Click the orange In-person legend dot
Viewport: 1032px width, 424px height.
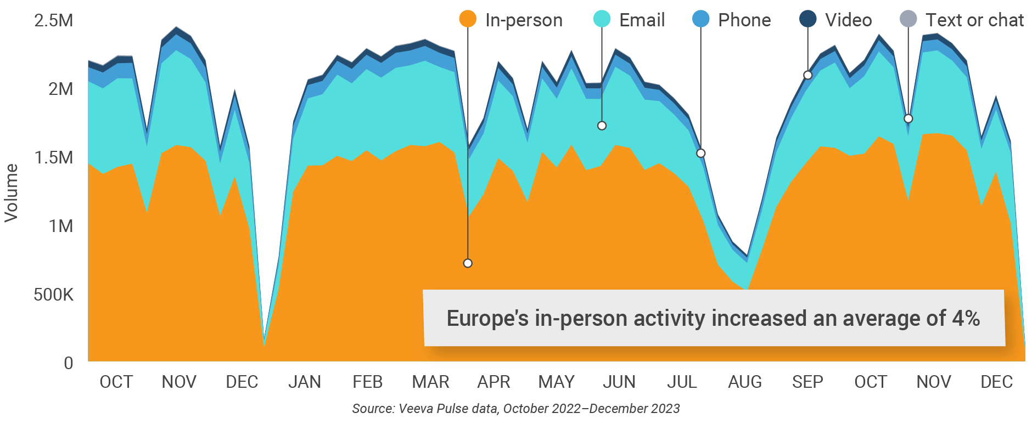pos(468,19)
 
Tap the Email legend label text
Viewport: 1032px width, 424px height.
pos(642,20)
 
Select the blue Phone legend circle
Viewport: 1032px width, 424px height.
pos(701,19)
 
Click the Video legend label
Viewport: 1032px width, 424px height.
pos(848,20)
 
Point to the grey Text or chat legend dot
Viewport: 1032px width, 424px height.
pos(908,19)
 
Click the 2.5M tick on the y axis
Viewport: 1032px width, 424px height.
pos(54,21)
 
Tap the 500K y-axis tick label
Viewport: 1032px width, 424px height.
pos(53,295)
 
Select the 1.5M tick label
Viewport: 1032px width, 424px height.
pos(54,158)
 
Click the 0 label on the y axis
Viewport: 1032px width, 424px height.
pos(68,363)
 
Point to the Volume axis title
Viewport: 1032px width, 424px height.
pos(12,193)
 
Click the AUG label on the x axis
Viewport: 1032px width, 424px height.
pos(744,382)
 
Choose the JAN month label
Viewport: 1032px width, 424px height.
pos(305,382)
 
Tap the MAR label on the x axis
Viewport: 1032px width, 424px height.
pos(430,382)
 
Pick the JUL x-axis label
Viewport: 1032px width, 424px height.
pos(682,382)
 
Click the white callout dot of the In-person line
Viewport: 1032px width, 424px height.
pos(468,263)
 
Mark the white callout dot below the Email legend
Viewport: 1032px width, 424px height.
pos(602,126)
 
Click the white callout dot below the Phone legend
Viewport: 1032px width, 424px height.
pos(701,153)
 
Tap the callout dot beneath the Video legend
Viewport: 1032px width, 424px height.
pos(807,75)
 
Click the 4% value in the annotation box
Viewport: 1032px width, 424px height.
pos(966,318)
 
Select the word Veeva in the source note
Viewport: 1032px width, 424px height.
pos(415,409)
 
